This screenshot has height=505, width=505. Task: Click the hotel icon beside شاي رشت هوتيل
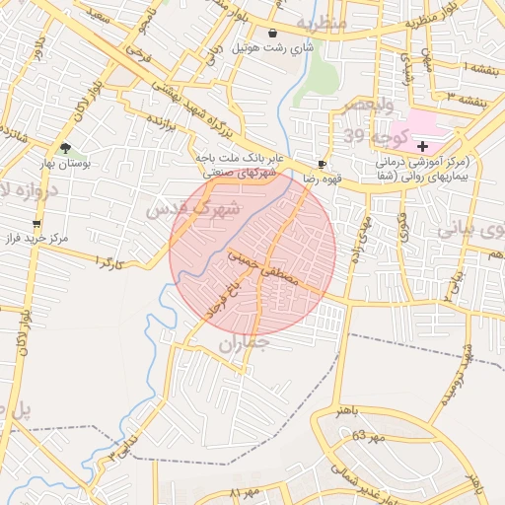(x=271, y=34)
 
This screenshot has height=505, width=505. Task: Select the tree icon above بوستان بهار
(x=66, y=148)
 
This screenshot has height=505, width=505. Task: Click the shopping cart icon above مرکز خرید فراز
(x=37, y=224)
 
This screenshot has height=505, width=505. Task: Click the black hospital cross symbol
(x=422, y=146)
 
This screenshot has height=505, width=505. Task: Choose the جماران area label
(x=243, y=344)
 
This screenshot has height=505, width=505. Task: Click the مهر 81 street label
(x=243, y=490)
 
